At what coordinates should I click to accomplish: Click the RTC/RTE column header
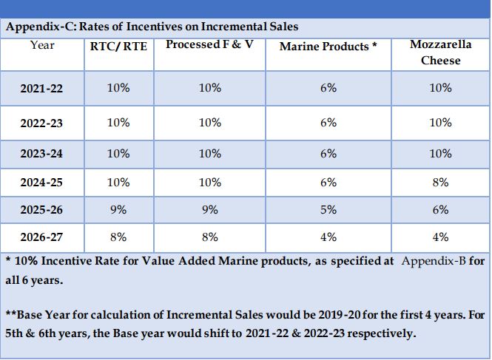coord(118,46)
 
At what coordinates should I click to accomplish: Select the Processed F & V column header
coord(209,45)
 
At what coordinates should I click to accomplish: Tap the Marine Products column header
coord(328,47)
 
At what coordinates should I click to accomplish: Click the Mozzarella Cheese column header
coord(440,52)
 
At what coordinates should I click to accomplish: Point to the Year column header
coord(42,45)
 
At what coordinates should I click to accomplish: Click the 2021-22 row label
coord(42,89)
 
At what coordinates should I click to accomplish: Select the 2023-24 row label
coord(42,154)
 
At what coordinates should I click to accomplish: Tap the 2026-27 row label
coord(42,238)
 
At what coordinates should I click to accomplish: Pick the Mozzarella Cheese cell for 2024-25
coord(440,182)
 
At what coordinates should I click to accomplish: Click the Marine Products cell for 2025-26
coord(328,210)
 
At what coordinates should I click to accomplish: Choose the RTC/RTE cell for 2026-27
coord(118,237)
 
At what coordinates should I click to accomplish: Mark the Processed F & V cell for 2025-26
coord(209,210)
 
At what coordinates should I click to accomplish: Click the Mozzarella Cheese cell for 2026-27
coord(440,237)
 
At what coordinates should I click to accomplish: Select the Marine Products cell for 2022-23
coord(328,123)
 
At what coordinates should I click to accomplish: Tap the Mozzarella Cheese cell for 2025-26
coord(440,210)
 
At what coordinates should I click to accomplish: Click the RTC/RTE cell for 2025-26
coord(118,210)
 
